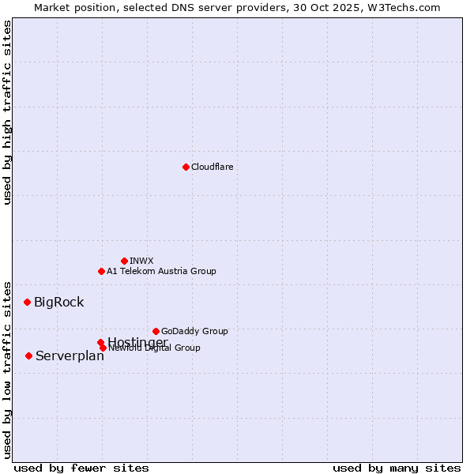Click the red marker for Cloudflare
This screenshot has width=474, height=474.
click(x=186, y=167)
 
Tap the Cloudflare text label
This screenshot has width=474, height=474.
click(x=212, y=167)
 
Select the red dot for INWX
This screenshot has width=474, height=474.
click(x=124, y=261)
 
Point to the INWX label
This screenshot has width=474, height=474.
click(x=141, y=261)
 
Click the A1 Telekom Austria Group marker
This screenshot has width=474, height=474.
click(x=101, y=271)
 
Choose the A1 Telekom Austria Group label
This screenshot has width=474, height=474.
click(x=161, y=271)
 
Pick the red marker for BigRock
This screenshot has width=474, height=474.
click(x=27, y=302)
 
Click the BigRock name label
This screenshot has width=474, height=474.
click(x=58, y=302)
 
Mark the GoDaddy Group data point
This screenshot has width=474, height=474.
click(x=156, y=331)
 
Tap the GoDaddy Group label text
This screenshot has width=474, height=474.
click(x=194, y=331)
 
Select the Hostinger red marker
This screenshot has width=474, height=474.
click(x=100, y=342)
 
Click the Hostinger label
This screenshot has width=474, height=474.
click(x=137, y=341)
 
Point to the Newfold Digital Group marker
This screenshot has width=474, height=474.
click(x=103, y=348)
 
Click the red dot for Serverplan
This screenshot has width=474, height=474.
click(x=28, y=355)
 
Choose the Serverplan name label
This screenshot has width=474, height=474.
click(x=70, y=355)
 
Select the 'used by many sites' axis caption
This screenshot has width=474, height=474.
click(x=397, y=468)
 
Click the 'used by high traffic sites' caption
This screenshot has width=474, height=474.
click(x=8, y=112)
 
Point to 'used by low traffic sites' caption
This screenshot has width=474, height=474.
click(x=8, y=369)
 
